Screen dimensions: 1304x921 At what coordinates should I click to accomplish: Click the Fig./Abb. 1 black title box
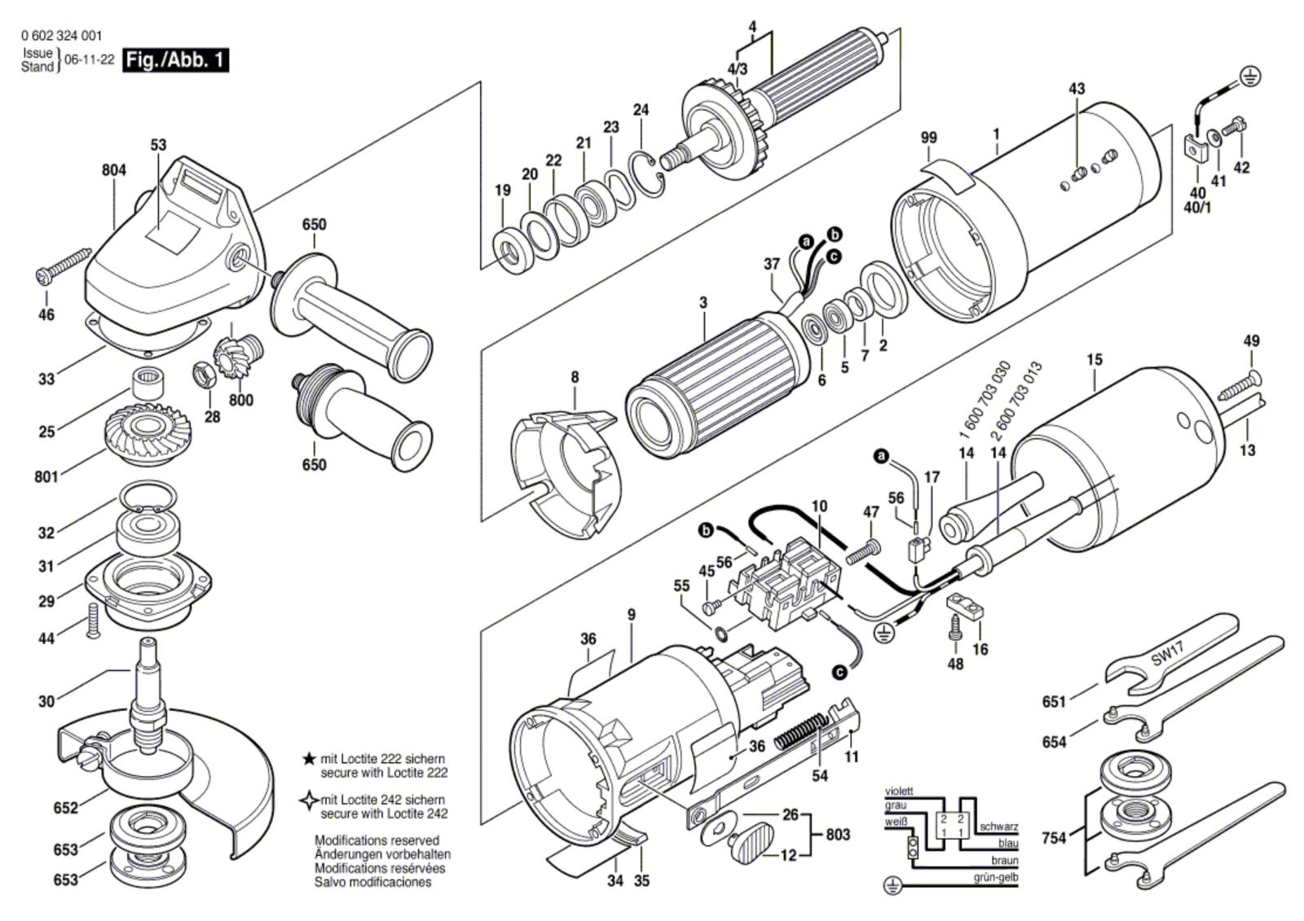[x=175, y=60]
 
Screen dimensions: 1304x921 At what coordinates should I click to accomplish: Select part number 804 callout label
[x=114, y=170]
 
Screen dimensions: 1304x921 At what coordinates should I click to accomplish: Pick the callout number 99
[x=929, y=138]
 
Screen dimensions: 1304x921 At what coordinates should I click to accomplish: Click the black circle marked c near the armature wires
[x=835, y=257]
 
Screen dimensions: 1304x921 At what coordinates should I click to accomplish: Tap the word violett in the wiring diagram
[x=899, y=792]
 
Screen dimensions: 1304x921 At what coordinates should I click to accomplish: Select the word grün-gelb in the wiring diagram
[x=995, y=877]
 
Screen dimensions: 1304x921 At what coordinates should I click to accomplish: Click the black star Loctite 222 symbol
[x=309, y=759]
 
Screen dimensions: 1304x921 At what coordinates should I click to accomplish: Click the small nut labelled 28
[x=203, y=373]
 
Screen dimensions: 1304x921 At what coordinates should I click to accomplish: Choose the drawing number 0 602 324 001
[x=61, y=36]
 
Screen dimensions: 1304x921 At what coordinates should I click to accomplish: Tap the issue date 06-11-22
[x=89, y=60]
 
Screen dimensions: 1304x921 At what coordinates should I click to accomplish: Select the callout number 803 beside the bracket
[x=838, y=835]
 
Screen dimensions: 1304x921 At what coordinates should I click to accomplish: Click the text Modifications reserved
[x=377, y=840]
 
